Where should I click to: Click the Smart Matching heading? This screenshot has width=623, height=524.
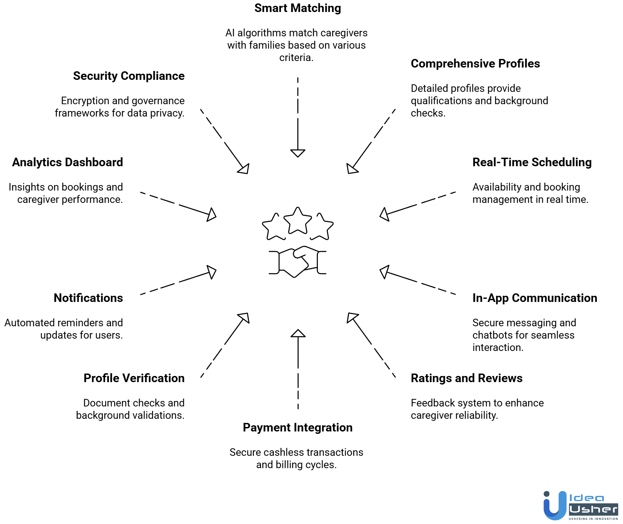tap(297, 8)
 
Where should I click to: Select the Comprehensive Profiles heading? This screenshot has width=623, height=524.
tap(475, 64)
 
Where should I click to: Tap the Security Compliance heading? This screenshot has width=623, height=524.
tap(129, 76)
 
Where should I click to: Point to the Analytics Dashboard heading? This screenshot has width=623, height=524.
tap(67, 162)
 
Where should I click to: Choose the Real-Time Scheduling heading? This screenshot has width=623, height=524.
tap(532, 162)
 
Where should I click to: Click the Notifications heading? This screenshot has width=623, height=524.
tap(88, 298)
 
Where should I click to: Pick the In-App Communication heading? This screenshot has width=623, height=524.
tap(534, 298)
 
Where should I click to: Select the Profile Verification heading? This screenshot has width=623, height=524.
tap(134, 378)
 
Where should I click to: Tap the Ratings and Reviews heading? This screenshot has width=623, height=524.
tap(466, 378)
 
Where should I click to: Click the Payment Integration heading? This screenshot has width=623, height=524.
tap(297, 428)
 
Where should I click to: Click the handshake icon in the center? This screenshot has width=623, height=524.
tap(297, 262)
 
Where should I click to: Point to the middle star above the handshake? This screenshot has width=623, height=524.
tap(298, 221)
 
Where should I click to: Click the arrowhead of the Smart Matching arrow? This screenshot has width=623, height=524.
tap(298, 153)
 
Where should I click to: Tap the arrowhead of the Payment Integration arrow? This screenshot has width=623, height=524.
tap(298, 333)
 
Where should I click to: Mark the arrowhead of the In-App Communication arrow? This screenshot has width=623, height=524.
tap(385, 272)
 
